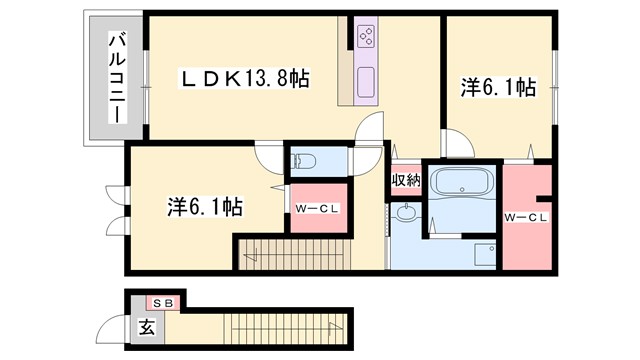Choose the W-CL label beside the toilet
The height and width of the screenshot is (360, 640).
317,208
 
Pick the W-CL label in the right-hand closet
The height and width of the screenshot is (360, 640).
525,217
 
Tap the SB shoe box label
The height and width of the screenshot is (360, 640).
164,302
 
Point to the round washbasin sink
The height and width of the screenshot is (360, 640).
407,213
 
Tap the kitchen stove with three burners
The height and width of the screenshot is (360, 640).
364,38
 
